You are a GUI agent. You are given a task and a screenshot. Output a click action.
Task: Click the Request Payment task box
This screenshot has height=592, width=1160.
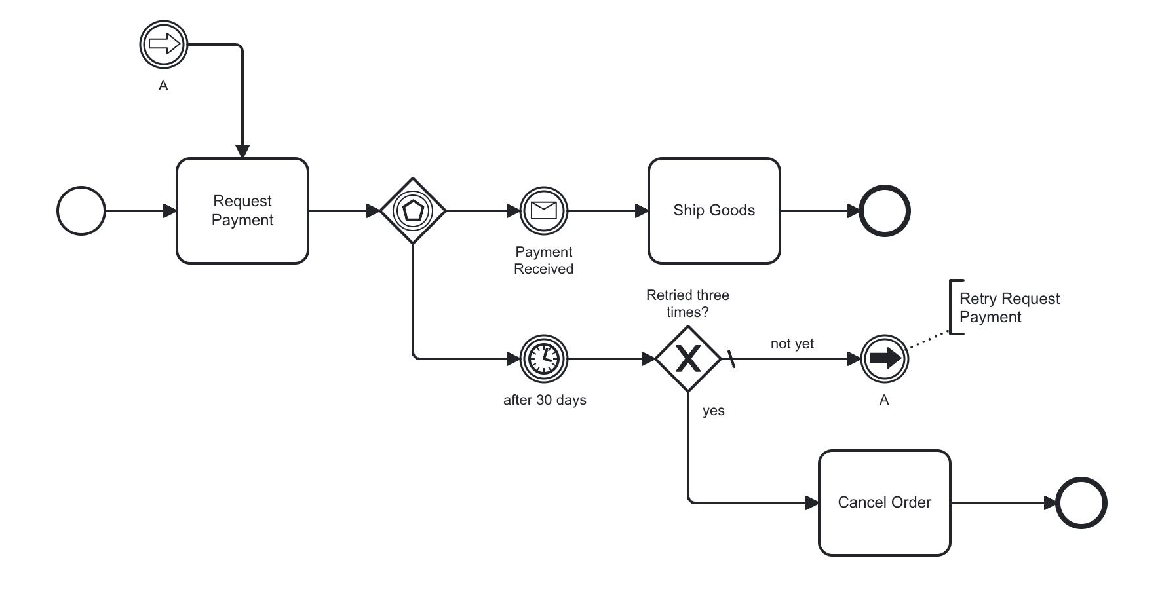[x=242, y=210]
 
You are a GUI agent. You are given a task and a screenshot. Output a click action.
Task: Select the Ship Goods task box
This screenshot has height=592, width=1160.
[x=714, y=210]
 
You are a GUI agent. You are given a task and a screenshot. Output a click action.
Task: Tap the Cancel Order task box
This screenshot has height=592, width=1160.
[x=884, y=502]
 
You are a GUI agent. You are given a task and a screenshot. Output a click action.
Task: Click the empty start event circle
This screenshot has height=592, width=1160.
[x=81, y=211]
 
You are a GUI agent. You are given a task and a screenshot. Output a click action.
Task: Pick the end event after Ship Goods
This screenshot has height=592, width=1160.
[x=884, y=211]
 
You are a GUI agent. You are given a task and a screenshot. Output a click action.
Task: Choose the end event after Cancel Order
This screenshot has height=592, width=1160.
[x=1081, y=503]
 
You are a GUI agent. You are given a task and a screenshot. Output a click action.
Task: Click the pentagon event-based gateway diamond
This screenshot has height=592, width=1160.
[x=413, y=211]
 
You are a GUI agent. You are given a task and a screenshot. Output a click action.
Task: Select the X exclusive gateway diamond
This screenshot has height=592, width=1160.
[x=687, y=359]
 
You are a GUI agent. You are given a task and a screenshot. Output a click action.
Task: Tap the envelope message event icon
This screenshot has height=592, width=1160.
[x=543, y=211]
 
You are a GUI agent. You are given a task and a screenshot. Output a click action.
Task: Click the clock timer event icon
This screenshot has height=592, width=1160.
[x=543, y=359]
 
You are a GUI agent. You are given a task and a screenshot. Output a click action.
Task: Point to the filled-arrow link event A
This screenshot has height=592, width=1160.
[x=884, y=359]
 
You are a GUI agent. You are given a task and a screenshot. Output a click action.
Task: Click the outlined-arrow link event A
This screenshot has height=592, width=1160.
[x=164, y=45]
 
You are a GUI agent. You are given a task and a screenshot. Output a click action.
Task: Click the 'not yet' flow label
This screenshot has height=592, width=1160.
[x=792, y=344]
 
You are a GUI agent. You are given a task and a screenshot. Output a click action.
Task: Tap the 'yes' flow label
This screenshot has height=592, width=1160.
[x=713, y=411]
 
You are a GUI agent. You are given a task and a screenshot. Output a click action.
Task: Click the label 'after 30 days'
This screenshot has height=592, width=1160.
[x=544, y=400]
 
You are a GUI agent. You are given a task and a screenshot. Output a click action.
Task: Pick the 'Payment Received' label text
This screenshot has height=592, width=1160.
[x=543, y=260]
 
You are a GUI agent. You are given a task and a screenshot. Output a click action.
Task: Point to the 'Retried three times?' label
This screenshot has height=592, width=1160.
[x=687, y=303]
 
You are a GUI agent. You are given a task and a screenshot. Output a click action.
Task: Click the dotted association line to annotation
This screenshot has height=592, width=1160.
[x=929, y=341]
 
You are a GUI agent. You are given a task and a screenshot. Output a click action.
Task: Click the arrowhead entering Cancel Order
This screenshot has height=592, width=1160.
[x=812, y=503]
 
